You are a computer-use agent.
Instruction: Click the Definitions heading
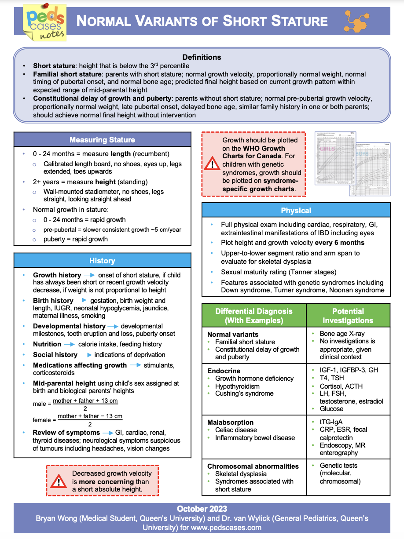202,57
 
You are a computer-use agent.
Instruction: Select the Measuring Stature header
102,140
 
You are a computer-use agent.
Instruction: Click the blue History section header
102,261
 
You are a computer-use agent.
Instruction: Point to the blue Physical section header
296,211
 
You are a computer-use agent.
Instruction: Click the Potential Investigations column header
348,316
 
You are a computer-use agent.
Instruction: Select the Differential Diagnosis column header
254,316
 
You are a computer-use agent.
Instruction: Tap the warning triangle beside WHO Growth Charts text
212,165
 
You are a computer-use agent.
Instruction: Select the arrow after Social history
86,355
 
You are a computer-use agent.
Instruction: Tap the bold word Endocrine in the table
224,371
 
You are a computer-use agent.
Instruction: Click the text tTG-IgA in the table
331,422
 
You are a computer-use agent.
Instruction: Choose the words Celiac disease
236,430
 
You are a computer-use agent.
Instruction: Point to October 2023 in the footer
202,509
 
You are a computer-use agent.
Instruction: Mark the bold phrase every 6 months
340,243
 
